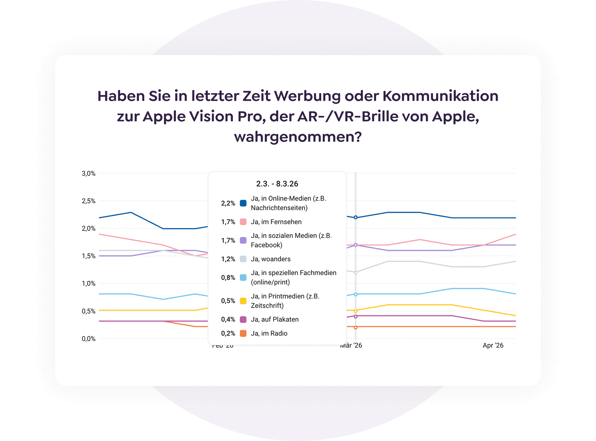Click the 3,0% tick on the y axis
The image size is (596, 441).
88,173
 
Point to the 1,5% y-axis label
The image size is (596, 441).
88,256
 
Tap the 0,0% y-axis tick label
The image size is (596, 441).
88,339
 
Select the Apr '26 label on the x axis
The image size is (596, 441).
493,345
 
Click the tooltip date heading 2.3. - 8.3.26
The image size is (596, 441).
277,184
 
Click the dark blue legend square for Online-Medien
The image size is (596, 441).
243,203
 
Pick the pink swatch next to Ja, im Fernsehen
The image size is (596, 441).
243,222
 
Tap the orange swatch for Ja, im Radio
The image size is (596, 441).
243,334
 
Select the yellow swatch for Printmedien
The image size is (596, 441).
243,301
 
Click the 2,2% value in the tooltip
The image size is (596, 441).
228,203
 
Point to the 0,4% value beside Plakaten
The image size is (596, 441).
228,319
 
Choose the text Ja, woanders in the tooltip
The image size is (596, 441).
270,259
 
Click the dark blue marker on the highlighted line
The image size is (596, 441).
355,217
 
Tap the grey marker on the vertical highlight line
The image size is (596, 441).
355,272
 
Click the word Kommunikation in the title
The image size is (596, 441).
440,96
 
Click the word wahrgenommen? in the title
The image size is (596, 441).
298,137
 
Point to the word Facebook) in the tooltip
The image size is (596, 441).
266,245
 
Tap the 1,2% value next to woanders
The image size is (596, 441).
228,259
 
